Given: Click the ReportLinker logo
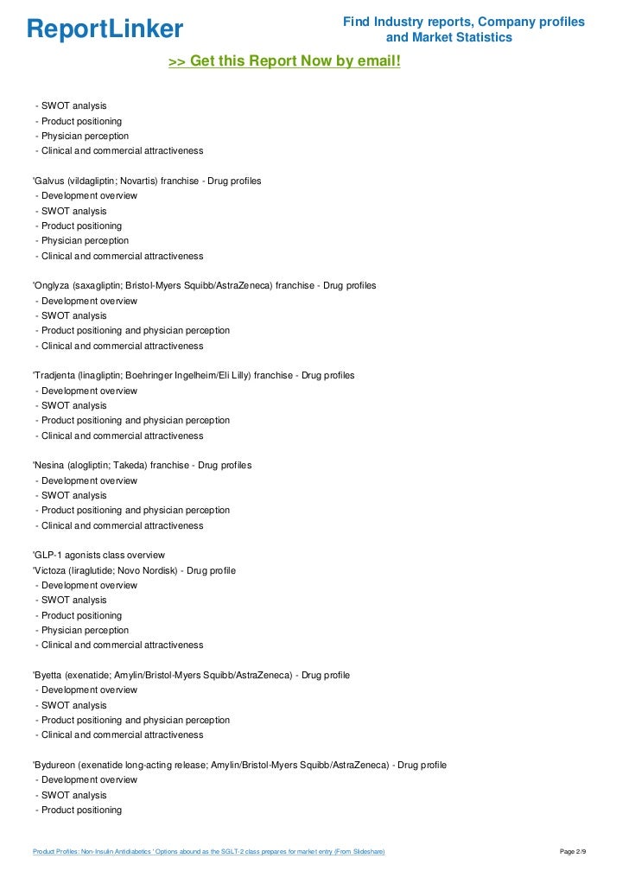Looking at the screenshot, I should (105, 29).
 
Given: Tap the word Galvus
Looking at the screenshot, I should (49, 181).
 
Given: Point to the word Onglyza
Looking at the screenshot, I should (53, 285).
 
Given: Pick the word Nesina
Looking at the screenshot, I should (49, 465).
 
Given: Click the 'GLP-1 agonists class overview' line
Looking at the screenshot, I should (98, 555).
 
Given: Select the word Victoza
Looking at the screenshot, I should (51, 570).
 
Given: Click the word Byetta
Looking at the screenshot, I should (49, 675).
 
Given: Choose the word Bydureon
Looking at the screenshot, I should (54, 765).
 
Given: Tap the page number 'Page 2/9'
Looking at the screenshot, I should (573, 852).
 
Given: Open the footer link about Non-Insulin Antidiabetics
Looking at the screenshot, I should (208, 852).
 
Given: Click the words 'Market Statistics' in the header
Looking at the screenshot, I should (462, 38).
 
